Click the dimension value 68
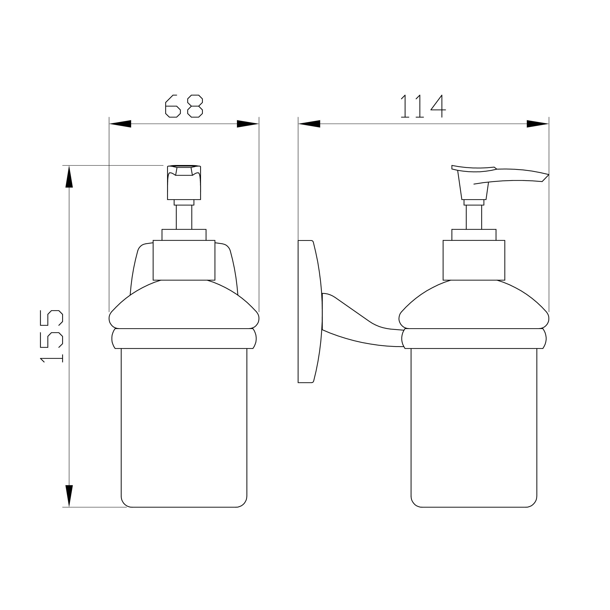click(x=184, y=106)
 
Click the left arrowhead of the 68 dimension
click(x=120, y=124)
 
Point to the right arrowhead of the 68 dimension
click(x=248, y=124)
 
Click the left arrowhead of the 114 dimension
click(x=309, y=124)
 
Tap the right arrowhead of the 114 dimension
click(x=538, y=124)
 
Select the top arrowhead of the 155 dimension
click(x=69, y=176)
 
